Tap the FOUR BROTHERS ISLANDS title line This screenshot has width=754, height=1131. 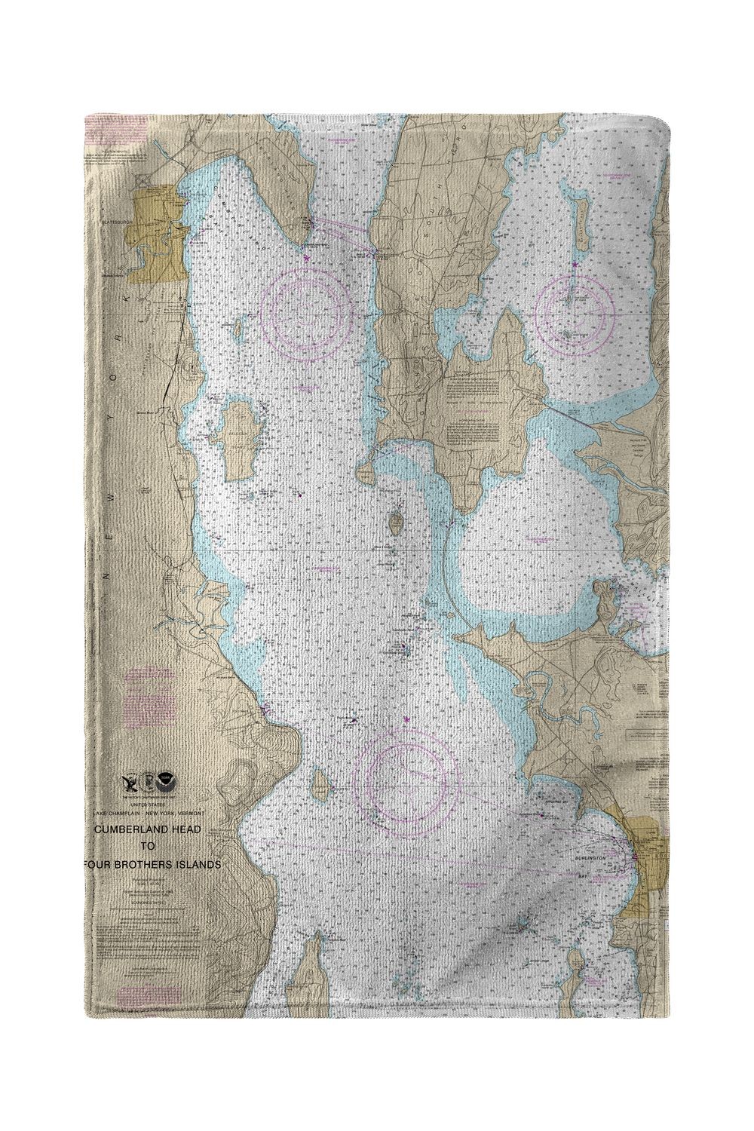157,865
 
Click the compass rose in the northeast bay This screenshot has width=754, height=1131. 575,309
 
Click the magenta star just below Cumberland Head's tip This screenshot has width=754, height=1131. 306,258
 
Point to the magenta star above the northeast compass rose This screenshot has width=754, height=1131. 575,264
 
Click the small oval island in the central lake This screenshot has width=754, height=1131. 396,520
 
